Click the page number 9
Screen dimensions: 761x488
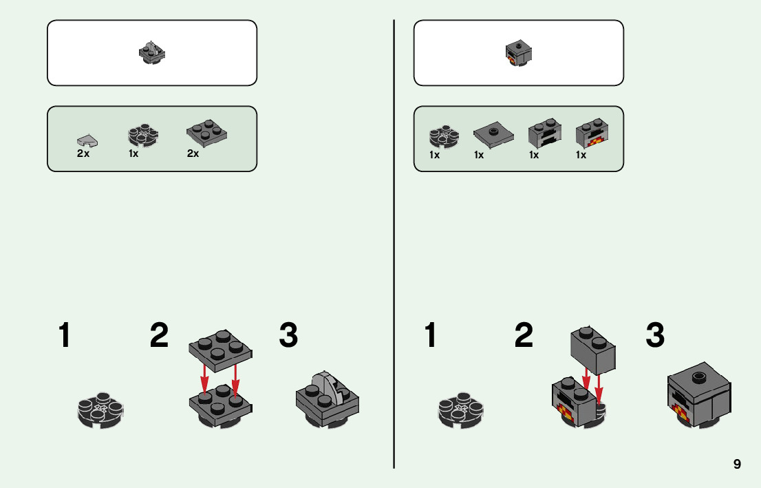click(x=737, y=464)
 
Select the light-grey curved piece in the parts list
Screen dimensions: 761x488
click(x=87, y=140)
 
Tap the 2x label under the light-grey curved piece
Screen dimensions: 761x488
click(x=83, y=153)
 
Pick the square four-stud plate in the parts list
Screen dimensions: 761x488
click(x=207, y=134)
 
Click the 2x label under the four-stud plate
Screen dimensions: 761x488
click(x=193, y=153)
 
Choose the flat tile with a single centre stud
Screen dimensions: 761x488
click(x=493, y=134)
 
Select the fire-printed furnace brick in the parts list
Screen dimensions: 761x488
click(x=591, y=136)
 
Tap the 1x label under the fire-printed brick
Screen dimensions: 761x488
click(x=581, y=155)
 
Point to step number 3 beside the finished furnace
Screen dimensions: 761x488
click(x=655, y=336)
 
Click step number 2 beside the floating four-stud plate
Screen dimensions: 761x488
click(x=159, y=336)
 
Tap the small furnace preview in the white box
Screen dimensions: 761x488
click(x=518, y=54)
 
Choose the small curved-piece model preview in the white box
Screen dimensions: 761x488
click(x=152, y=53)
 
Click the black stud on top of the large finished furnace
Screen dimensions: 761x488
click(x=699, y=376)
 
